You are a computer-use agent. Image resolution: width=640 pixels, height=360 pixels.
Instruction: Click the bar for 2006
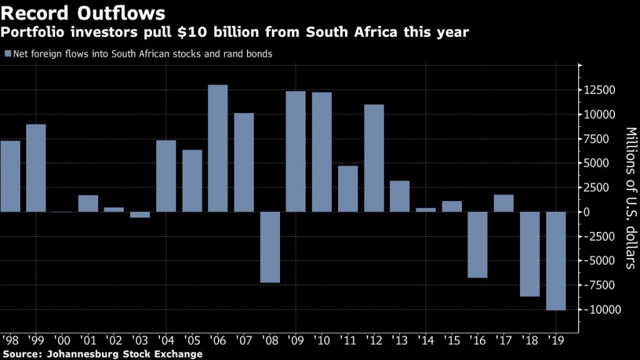(217, 148)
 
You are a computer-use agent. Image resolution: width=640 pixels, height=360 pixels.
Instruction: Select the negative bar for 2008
(270, 247)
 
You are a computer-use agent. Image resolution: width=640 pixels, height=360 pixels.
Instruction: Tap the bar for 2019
(556, 261)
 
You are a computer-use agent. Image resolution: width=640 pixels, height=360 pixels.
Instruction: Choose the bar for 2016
(478, 244)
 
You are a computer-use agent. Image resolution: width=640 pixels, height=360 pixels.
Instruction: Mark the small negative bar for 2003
(139, 215)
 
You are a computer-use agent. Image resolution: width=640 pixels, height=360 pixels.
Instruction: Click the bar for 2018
(530, 254)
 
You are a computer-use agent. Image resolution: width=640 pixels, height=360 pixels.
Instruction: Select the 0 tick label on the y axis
(587, 212)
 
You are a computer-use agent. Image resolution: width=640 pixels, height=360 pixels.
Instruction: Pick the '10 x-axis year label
(322, 341)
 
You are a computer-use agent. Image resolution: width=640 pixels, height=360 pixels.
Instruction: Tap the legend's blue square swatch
(7, 54)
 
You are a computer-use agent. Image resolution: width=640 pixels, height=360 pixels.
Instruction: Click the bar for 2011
(347, 189)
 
